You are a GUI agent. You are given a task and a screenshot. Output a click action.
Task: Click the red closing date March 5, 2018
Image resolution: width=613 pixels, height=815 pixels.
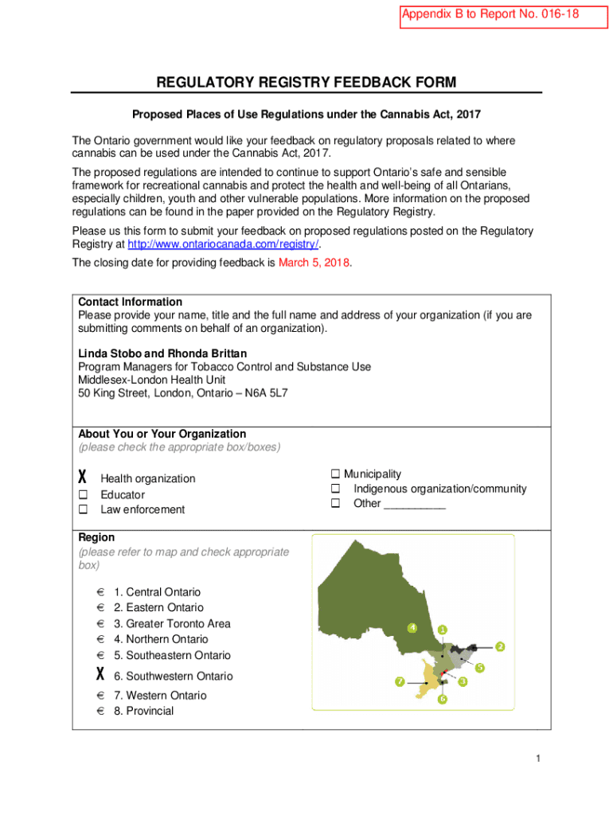point(314,263)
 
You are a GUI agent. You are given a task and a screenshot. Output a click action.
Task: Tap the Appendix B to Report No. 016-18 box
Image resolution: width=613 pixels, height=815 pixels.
point(491,14)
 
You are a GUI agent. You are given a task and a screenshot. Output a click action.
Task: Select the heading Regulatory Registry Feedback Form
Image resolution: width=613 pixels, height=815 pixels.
point(306,83)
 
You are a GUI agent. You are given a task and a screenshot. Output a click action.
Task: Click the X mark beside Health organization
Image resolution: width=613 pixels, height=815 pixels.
point(82,478)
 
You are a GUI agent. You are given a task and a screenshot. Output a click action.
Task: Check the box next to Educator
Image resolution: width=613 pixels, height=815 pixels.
point(82,494)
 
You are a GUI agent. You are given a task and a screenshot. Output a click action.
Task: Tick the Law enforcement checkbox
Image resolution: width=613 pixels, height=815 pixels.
point(82,509)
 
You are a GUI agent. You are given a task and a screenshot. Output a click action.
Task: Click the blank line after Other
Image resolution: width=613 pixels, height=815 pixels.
point(415,505)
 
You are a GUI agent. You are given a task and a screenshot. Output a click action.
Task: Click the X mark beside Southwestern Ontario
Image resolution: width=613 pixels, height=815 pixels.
point(100,675)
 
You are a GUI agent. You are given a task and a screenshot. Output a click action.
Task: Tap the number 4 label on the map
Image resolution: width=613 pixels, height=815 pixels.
point(412,627)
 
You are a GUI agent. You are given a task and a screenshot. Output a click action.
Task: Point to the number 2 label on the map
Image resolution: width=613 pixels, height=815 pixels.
point(500,645)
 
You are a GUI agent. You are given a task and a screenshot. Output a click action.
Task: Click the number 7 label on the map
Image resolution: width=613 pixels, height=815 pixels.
point(400,681)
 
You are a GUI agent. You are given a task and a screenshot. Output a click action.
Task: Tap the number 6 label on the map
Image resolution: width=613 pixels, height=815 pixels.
point(442,699)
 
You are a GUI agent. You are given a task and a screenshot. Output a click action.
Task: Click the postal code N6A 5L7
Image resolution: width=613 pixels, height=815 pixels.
point(267,393)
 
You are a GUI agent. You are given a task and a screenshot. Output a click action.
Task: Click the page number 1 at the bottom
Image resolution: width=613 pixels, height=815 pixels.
point(538,759)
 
